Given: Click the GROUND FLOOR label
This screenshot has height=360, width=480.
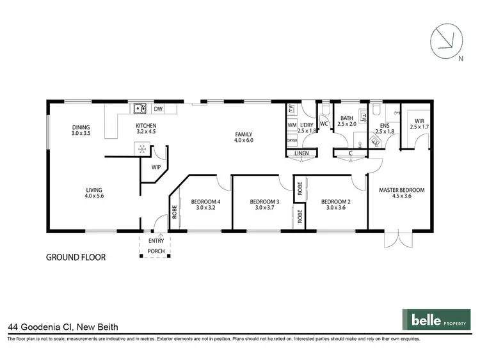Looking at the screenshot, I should (x=76, y=258).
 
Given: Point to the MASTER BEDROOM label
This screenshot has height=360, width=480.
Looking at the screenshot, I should (x=401, y=190).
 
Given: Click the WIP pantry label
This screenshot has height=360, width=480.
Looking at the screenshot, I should (x=156, y=167).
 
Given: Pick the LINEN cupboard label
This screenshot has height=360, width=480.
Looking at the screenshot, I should (x=301, y=154).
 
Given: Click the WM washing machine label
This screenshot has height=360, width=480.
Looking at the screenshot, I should (x=291, y=125).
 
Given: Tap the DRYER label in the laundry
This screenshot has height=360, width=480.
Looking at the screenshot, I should (x=291, y=139).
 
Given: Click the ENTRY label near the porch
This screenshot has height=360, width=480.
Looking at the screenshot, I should (x=156, y=240).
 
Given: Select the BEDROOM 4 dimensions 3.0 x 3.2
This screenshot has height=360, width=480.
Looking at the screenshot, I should (x=205, y=208).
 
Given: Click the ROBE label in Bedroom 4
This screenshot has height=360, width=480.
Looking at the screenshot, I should (x=173, y=210).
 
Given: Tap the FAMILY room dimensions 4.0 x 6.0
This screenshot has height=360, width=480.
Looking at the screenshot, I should (x=244, y=139).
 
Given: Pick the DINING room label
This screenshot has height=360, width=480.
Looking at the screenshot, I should (x=81, y=127).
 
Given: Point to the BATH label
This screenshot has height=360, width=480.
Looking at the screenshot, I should (x=348, y=118).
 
